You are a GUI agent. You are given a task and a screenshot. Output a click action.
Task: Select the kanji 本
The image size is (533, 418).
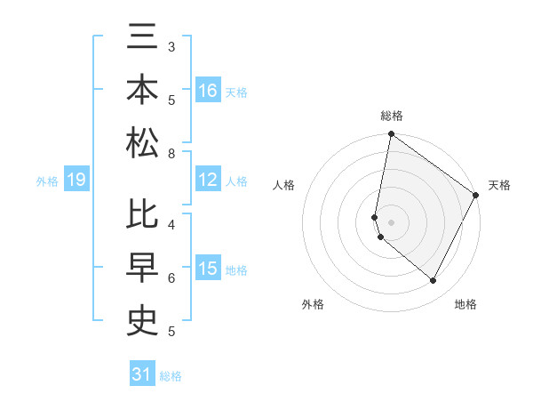(x=143, y=92)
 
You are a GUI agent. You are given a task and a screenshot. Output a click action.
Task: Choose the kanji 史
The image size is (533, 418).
(x=143, y=318)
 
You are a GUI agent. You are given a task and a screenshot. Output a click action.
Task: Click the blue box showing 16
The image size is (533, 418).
(x=208, y=91)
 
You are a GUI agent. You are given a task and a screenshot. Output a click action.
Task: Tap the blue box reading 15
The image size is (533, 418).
(x=208, y=269)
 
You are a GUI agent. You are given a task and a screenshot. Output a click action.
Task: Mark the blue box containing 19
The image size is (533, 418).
(x=76, y=181)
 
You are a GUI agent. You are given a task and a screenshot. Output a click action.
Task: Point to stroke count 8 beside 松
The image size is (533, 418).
(x=171, y=154)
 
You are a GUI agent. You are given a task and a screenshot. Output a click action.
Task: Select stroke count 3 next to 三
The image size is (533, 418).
(x=171, y=46)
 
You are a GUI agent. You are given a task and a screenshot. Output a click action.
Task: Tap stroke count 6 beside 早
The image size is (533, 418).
(x=171, y=278)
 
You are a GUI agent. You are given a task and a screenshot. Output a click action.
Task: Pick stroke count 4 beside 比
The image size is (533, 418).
(x=171, y=223)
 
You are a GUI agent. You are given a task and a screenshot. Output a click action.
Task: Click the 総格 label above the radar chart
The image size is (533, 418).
(x=391, y=116)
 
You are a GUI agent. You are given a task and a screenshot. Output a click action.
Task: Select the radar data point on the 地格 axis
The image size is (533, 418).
(x=434, y=281)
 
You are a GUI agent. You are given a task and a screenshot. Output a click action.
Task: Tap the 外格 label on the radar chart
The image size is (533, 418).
(x=313, y=304)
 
